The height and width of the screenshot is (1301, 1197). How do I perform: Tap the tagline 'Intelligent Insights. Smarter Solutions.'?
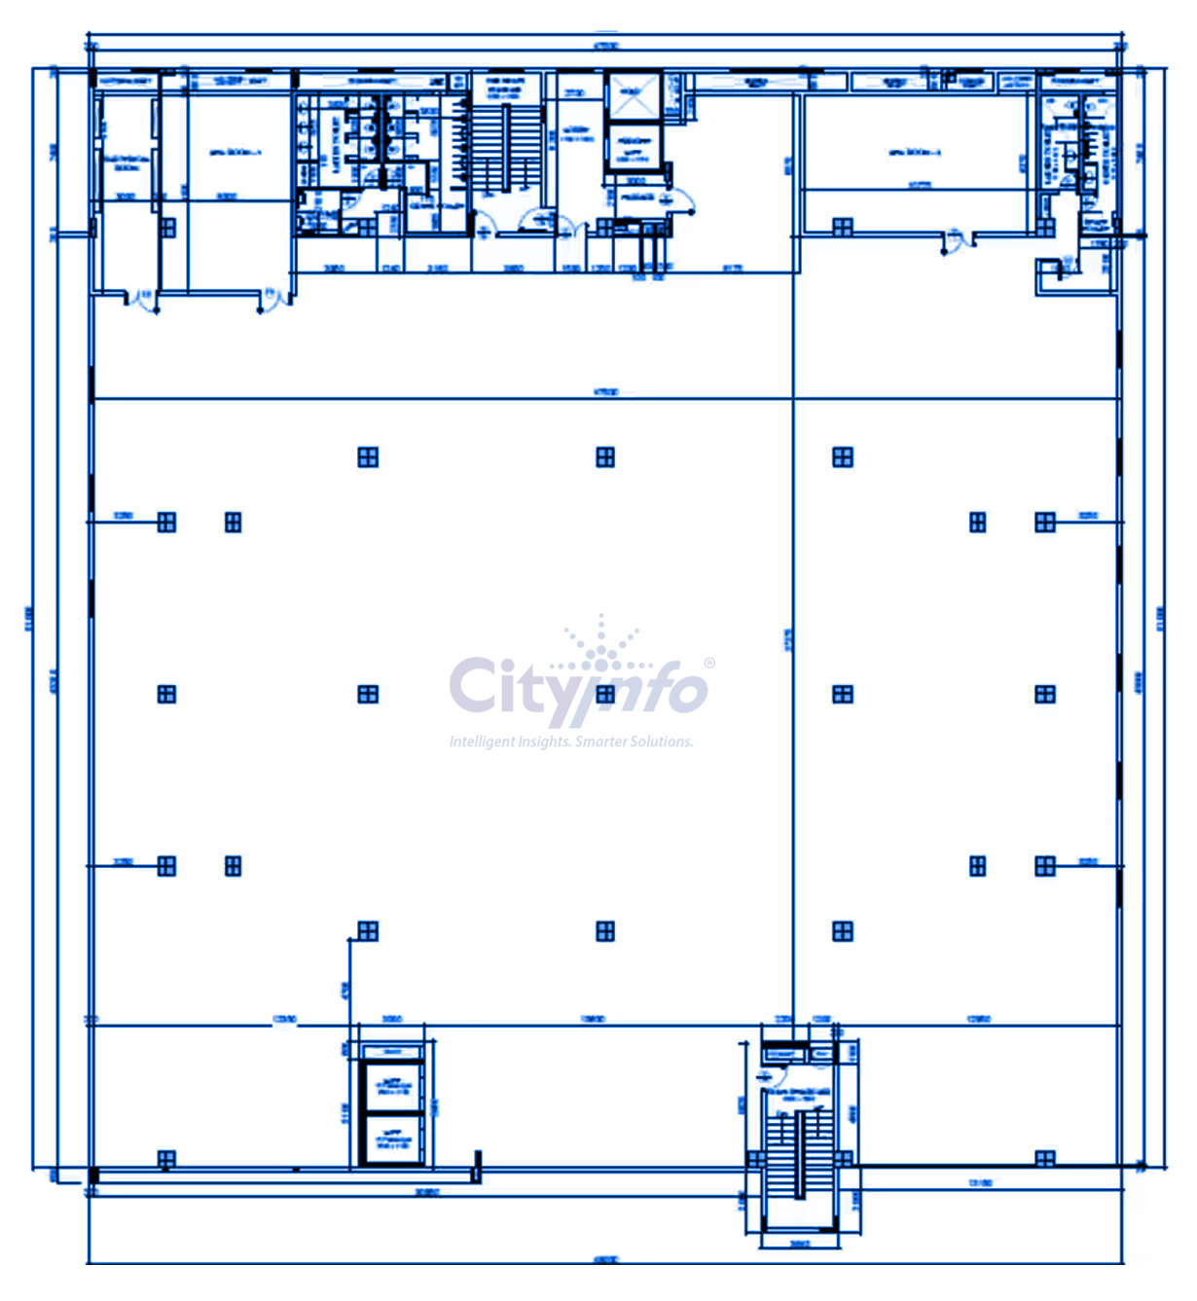coord(571,741)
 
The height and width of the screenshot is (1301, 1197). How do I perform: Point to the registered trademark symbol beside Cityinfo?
coord(709,663)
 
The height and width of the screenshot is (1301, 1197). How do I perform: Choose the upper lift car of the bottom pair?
coord(392,1086)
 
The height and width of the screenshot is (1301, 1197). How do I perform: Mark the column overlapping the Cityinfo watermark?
coord(605,694)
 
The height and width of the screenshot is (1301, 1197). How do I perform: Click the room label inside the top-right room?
coord(913,153)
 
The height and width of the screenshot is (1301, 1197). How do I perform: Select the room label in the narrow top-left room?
coord(126,162)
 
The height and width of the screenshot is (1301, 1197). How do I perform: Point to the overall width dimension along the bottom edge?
coord(605,1260)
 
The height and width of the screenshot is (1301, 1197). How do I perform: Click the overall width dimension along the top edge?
coord(605,46)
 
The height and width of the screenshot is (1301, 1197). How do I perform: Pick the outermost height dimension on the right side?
coord(1160,618)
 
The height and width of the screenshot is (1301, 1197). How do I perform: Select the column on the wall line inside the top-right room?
coord(843,227)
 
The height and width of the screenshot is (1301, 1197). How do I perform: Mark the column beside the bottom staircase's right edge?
coord(843,1159)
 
